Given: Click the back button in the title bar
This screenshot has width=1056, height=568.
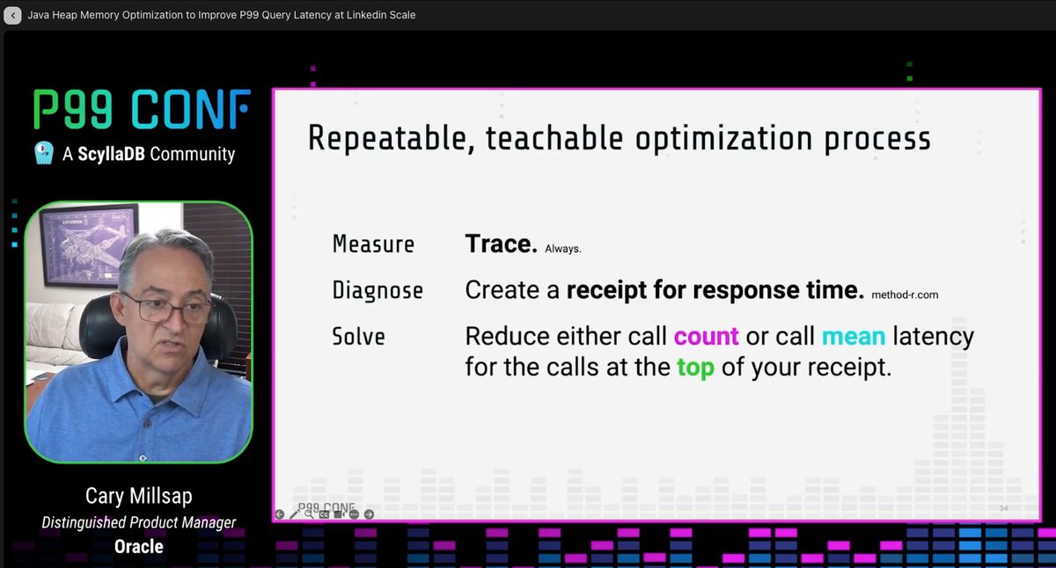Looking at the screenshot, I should [12, 15].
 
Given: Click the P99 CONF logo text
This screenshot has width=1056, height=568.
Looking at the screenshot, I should [142, 111].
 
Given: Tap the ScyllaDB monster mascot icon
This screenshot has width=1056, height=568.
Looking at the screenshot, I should [44, 154].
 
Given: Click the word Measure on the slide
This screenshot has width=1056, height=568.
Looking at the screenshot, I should [373, 244].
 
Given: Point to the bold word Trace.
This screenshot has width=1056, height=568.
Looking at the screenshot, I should [501, 244].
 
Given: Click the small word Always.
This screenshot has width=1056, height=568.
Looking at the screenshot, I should [563, 250].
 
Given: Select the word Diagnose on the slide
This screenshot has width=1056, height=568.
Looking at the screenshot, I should [378, 290].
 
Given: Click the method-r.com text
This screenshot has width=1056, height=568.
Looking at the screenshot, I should [905, 295].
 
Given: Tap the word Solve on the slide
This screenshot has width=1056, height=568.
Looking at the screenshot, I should [358, 337].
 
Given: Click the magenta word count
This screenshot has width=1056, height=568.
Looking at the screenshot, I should [706, 337].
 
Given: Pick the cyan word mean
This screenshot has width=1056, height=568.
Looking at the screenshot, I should [853, 337].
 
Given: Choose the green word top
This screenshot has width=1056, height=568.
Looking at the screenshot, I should [694, 368].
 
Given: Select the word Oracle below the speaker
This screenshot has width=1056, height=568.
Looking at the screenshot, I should [138, 546].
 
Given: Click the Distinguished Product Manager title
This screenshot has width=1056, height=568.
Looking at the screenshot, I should [138, 522].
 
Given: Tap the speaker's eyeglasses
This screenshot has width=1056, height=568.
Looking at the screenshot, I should [167, 309].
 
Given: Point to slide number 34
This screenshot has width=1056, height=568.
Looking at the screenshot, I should [1003, 509].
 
